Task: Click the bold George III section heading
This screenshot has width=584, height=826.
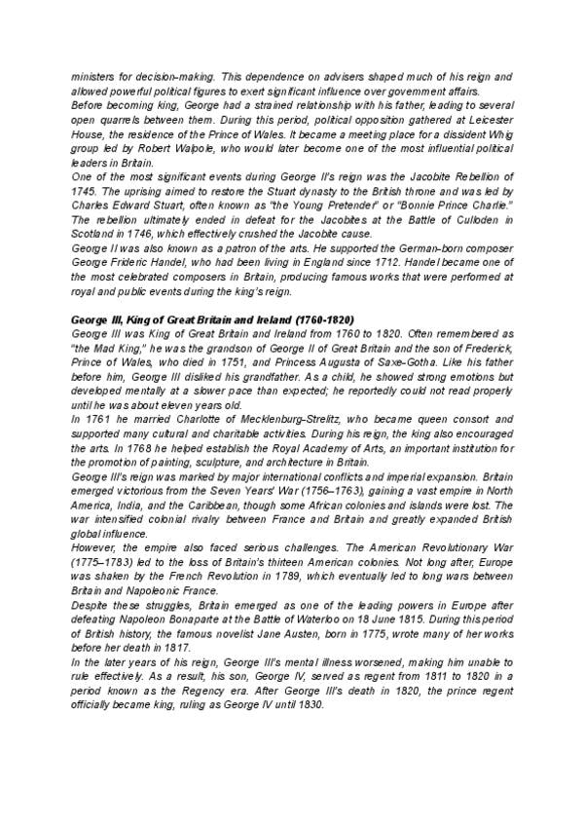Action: (x=212, y=320)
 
